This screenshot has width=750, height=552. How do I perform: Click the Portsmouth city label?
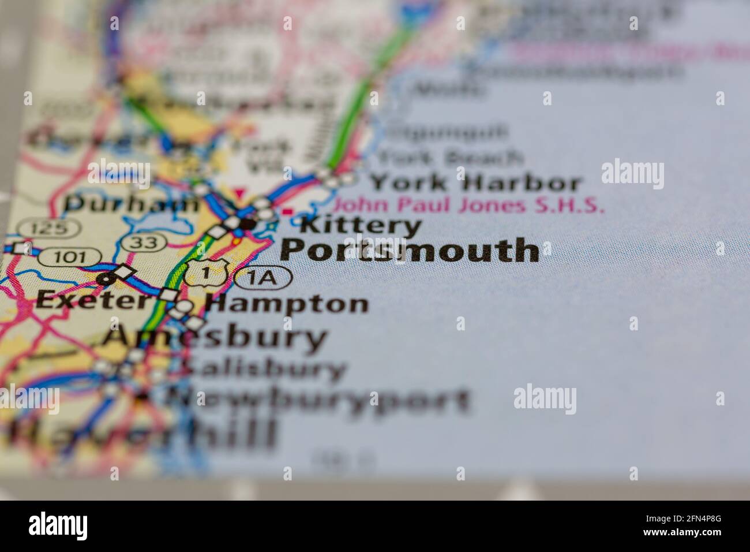[x=410, y=251]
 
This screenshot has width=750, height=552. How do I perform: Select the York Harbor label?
[x=475, y=183]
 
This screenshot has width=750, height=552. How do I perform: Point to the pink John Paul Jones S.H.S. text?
[x=469, y=205]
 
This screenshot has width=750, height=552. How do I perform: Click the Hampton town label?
[x=287, y=303]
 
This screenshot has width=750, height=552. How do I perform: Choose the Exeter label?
[x=92, y=299]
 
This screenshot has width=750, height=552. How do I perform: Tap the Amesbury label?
[x=215, y=338]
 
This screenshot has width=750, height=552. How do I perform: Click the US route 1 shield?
[x=208, y=273]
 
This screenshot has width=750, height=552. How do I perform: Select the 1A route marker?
[x=262, y=278]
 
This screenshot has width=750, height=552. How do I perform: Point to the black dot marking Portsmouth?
[x=247, y=222]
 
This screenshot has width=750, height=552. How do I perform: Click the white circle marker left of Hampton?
[x=185, y=306]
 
